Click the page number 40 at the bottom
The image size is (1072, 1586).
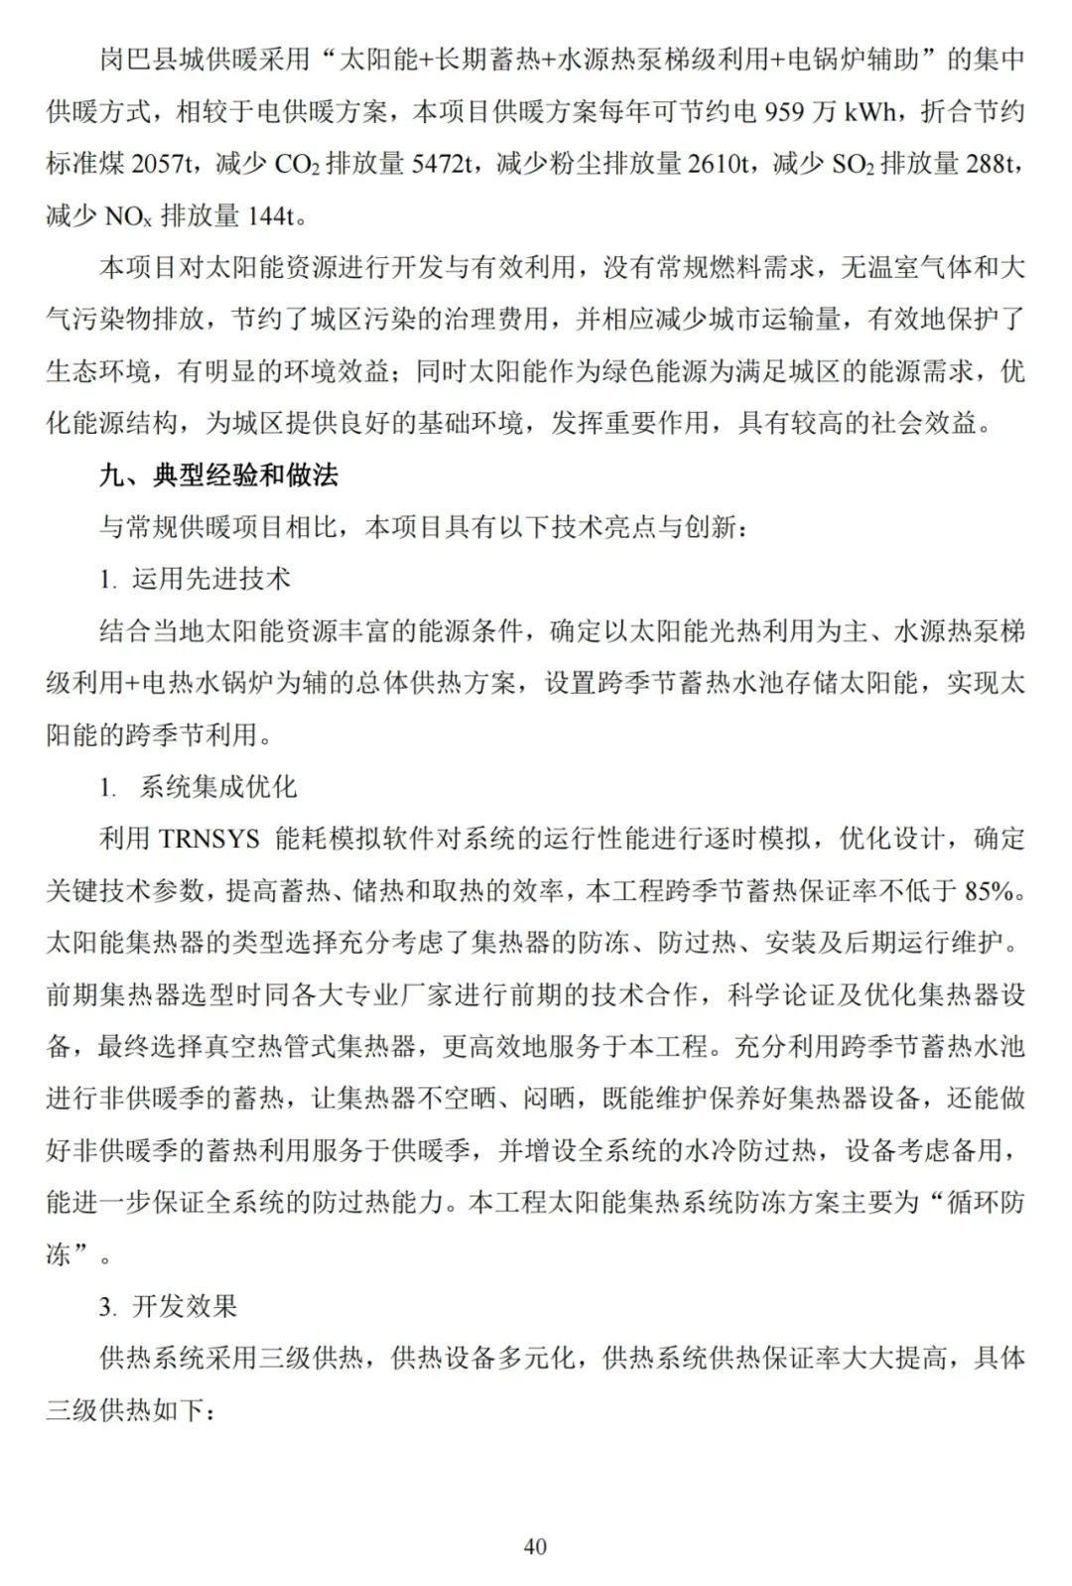tap(535, 1546)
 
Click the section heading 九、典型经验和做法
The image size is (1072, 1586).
tap(218, 475)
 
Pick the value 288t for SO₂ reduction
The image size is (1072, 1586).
tap(986, 164)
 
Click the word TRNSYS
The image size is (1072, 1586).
tap(208, 839)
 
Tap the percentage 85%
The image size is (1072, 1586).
tap(994, 890)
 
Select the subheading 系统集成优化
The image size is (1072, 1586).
tap(218, 787)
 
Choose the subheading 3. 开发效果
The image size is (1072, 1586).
tap(169, 1306)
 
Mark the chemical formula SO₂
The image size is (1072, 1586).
tap(852, 164)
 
